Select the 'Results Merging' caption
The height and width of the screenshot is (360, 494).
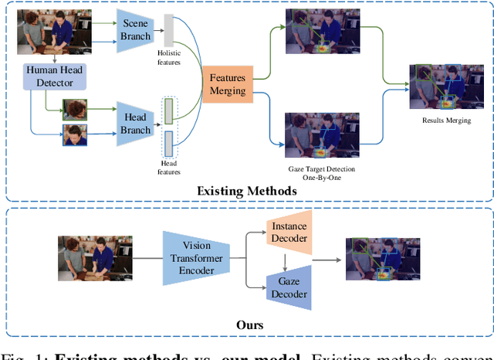446,121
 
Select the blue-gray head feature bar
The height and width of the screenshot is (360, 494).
169,143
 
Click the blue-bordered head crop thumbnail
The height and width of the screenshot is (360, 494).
75,134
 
